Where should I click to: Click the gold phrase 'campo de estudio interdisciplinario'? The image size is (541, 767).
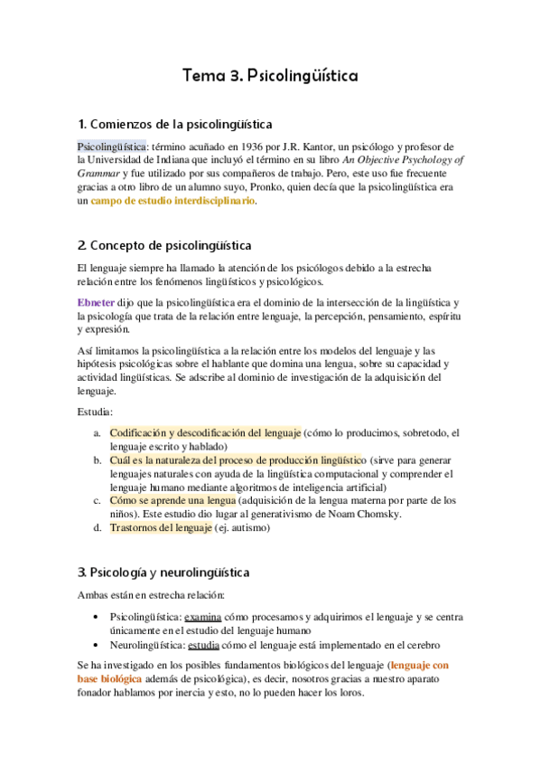point(173,201)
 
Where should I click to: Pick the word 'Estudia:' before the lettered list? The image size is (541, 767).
point(96,412)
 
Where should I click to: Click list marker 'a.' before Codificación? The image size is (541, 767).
point(98,433)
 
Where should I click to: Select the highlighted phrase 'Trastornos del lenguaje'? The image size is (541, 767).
point(161,528)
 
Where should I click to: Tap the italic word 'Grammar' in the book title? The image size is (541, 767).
point(104,174)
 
